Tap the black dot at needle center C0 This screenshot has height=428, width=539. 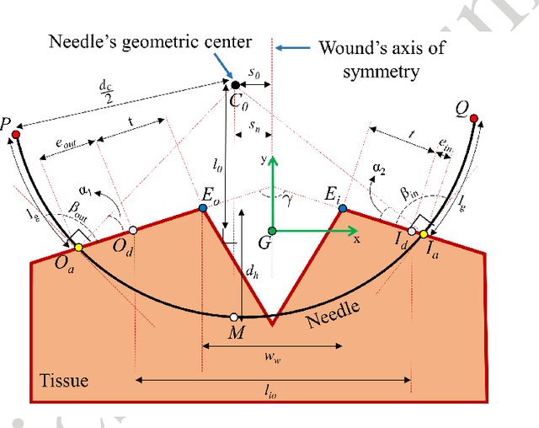pos(234,84)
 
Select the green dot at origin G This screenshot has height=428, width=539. pos(271,230)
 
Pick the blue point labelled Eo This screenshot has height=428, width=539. pos(202,207)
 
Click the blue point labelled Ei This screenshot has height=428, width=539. pos(342,208)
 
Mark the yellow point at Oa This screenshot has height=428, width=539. pos(77,247)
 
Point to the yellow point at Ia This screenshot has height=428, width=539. pos(423,232)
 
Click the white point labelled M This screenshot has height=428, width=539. pos(233,317)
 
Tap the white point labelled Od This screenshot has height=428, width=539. pos(131,228)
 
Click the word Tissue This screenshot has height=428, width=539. pos(64,381)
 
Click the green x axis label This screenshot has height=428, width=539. pos(357,239)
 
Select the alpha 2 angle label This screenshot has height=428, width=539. pos(379,168)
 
